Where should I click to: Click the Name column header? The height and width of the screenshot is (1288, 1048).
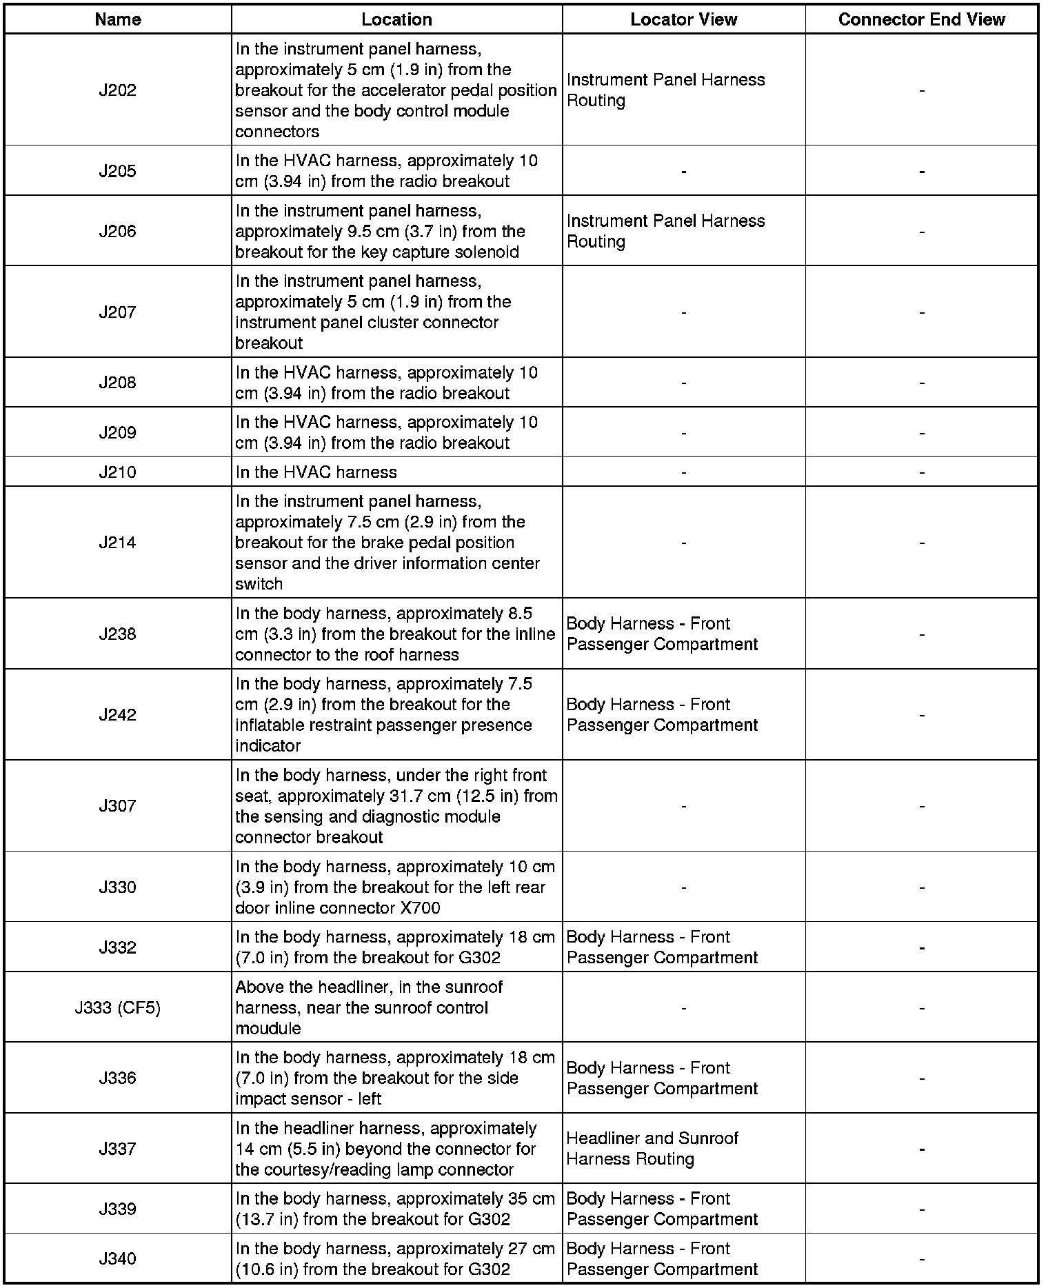pyautogui.click(x=118, y=19)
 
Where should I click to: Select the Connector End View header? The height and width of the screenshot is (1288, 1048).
pyautogui.click(x=921, y=19)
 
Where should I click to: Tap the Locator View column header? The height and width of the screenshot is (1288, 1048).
pyautogui.click(x=683, y=19)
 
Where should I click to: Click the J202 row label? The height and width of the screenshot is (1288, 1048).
pyautogui.click(x=118, y=90)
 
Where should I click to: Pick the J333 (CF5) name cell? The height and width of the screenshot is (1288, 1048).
pyautogui.click(x=118, y=1008)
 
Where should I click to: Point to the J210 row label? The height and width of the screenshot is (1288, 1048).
pyautogui.click(x=118, y=472)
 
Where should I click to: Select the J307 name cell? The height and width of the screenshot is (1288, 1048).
pyautogui.click(x=118, y=806)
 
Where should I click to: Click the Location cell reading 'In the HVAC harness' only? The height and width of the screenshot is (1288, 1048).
pyautogui.click(x=316, y=472)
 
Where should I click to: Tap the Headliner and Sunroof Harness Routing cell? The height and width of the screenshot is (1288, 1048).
pyautogui.click(x=652, y=1149)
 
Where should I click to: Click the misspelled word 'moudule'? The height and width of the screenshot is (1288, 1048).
pyautogui.click(x=268, y=1029)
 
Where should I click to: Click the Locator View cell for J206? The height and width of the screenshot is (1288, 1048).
pyautogui.click(x=665, y=231)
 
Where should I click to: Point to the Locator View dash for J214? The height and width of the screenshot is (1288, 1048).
pyautogui.click(x=683, y=543)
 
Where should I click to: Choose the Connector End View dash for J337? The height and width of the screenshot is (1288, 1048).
pyautogui.click(x=921, y=1149)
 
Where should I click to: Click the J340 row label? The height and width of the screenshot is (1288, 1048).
pyautogui.click(x=118, y=1259)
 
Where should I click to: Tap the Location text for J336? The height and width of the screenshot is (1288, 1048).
pyautogui.click(x=394, y=1078)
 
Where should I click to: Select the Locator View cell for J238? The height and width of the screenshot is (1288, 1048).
pyautogui.click(x=662, y=634)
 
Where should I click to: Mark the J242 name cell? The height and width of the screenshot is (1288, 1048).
pyautogui.click(x=118, y=715)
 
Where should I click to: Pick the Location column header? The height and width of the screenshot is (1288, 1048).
pyautogui.click(x=396, y=19)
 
